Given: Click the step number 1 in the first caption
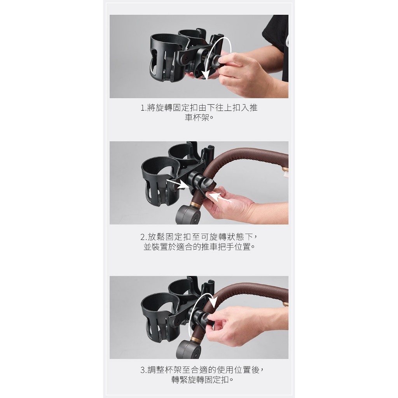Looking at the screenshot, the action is click(142, 108).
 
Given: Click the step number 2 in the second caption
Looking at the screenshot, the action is click(143, 237).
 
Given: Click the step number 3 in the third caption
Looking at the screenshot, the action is click(143, 370).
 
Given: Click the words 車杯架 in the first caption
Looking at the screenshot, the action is click(197, 118).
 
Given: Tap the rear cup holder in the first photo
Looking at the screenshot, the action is click(193, 38).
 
